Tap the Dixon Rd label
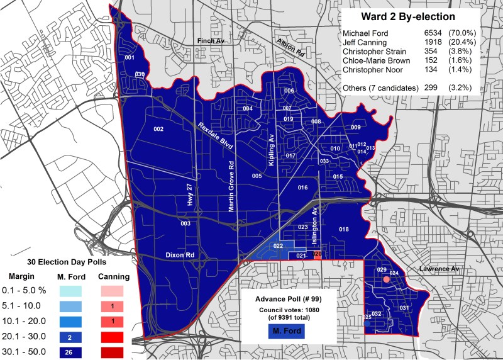pyautogui.click(x=180, y=256)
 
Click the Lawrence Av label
pyautogui.click(x=438, y=269)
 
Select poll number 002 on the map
pyautogui.click(x=158, y=130)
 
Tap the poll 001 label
pyautogui.click(x=130, y=58)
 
